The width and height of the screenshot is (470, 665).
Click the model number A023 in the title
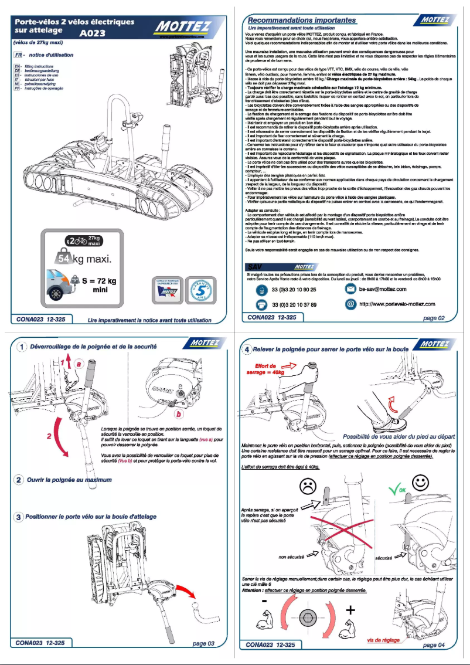[x=93, y=34]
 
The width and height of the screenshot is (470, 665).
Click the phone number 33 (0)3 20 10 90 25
[x=294, y=290]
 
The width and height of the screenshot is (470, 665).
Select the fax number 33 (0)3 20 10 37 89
[x=294, y=305]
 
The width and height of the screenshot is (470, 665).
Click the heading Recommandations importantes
[x=302, y=21]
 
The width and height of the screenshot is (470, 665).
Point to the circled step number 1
[x=21, y=347]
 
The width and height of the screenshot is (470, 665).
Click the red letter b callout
[x=178, y=414]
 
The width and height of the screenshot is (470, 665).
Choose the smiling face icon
[x=419, y=483]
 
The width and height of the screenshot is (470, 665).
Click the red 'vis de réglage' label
[x=383, y=640]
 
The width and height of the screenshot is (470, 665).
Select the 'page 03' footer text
[x=203, y=643]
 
